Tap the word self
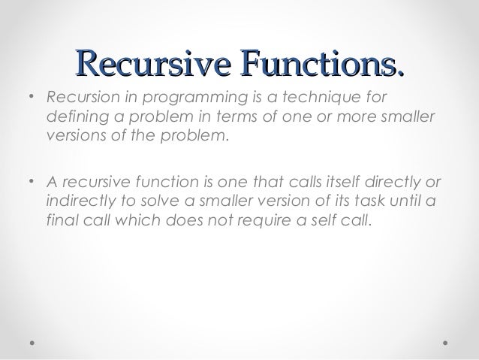point(314,222)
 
